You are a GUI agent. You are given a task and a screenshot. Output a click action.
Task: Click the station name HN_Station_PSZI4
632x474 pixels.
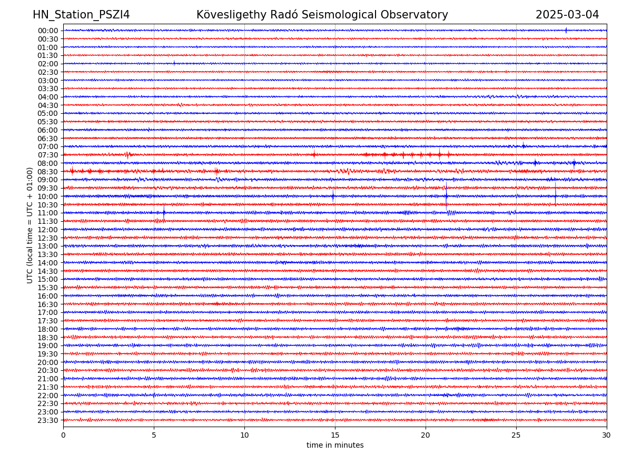81,15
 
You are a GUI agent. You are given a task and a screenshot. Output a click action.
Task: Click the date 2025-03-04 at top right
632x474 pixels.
567,15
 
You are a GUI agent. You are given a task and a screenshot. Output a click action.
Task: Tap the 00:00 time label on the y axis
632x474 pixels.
48,31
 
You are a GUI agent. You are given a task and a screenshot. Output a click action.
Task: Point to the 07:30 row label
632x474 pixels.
48,155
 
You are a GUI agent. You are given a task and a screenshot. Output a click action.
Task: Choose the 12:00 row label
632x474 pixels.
48,230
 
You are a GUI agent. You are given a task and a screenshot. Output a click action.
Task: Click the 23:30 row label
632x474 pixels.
48,420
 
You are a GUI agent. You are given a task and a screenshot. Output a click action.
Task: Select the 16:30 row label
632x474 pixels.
48,304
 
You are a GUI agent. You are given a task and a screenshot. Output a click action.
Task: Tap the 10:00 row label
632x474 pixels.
48,196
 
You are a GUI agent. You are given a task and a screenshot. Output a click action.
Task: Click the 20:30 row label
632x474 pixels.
48,371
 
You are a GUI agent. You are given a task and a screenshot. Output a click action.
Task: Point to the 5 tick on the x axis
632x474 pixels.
154,436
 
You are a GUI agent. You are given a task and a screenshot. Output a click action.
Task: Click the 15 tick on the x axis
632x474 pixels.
335,436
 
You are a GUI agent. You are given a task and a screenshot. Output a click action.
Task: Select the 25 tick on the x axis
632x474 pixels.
516,436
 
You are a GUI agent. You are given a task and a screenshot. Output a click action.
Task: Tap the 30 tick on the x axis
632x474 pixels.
607,436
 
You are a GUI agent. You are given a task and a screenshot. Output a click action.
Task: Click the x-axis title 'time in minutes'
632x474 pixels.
335,446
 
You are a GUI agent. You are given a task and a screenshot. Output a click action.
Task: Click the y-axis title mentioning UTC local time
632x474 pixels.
30,225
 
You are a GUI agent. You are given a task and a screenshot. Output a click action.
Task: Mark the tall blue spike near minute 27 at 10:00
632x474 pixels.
555,193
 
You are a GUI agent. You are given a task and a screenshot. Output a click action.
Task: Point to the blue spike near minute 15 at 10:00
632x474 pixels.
333,196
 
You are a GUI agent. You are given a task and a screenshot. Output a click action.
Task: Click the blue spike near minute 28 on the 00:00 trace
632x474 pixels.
566,30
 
